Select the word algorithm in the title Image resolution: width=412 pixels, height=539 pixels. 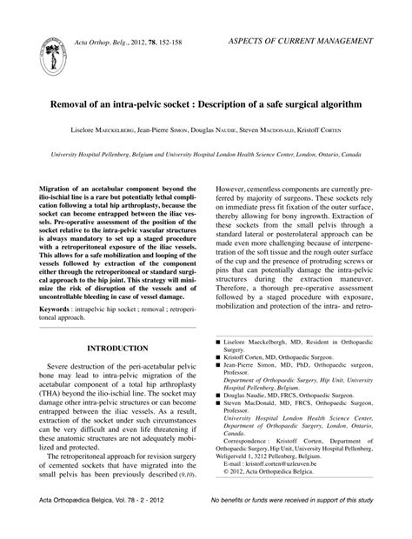pos(337,103)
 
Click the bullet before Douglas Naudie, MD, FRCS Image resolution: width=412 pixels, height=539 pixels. pos(218,396)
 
